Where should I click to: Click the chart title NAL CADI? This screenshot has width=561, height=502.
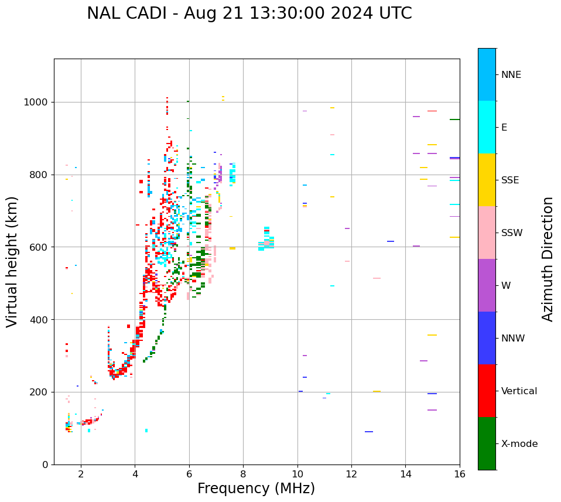point(249,13)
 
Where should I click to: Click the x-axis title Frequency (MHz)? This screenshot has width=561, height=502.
point(256,489)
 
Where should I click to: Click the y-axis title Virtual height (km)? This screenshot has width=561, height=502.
point(12,261)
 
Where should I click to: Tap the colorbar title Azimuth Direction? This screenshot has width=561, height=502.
point(548,258)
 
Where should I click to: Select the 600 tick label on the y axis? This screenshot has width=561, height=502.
point(40,247)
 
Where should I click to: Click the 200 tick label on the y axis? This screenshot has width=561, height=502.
point(40,392)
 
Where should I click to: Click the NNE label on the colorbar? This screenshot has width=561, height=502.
point(511,75)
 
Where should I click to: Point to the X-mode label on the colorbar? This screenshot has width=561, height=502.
point(519,444)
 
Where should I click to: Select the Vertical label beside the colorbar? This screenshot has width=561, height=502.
point(519,391)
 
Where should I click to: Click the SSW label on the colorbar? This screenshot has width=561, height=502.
point(512,233)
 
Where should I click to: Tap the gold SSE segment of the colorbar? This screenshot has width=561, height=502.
point(487,180)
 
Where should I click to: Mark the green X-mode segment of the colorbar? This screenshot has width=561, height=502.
point(487,443)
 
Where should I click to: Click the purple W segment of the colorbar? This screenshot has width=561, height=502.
point(487,285)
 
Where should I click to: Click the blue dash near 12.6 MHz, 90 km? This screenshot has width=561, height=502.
point(369,432)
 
